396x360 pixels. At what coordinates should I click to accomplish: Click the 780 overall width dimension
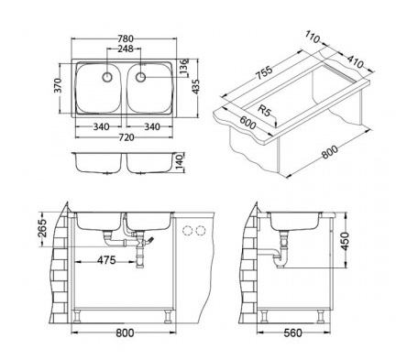(x=126, y=38)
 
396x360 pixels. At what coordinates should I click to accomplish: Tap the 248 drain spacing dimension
(x=126, y=49)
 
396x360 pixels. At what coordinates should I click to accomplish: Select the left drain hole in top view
(x=107, y=77)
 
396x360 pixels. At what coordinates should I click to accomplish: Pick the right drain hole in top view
(x=140, y=77)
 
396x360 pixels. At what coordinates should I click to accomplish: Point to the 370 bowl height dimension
(x=59, y=85)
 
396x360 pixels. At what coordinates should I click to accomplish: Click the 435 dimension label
(x=196, y=87)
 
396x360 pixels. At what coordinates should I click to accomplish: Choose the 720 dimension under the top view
(x=126, y=137)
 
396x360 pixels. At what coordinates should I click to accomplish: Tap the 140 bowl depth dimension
(x=180, y=162)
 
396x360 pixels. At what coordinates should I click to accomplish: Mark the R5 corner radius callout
(x=265, y=110)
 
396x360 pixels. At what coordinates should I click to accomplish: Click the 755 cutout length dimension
(x=264, y=73)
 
